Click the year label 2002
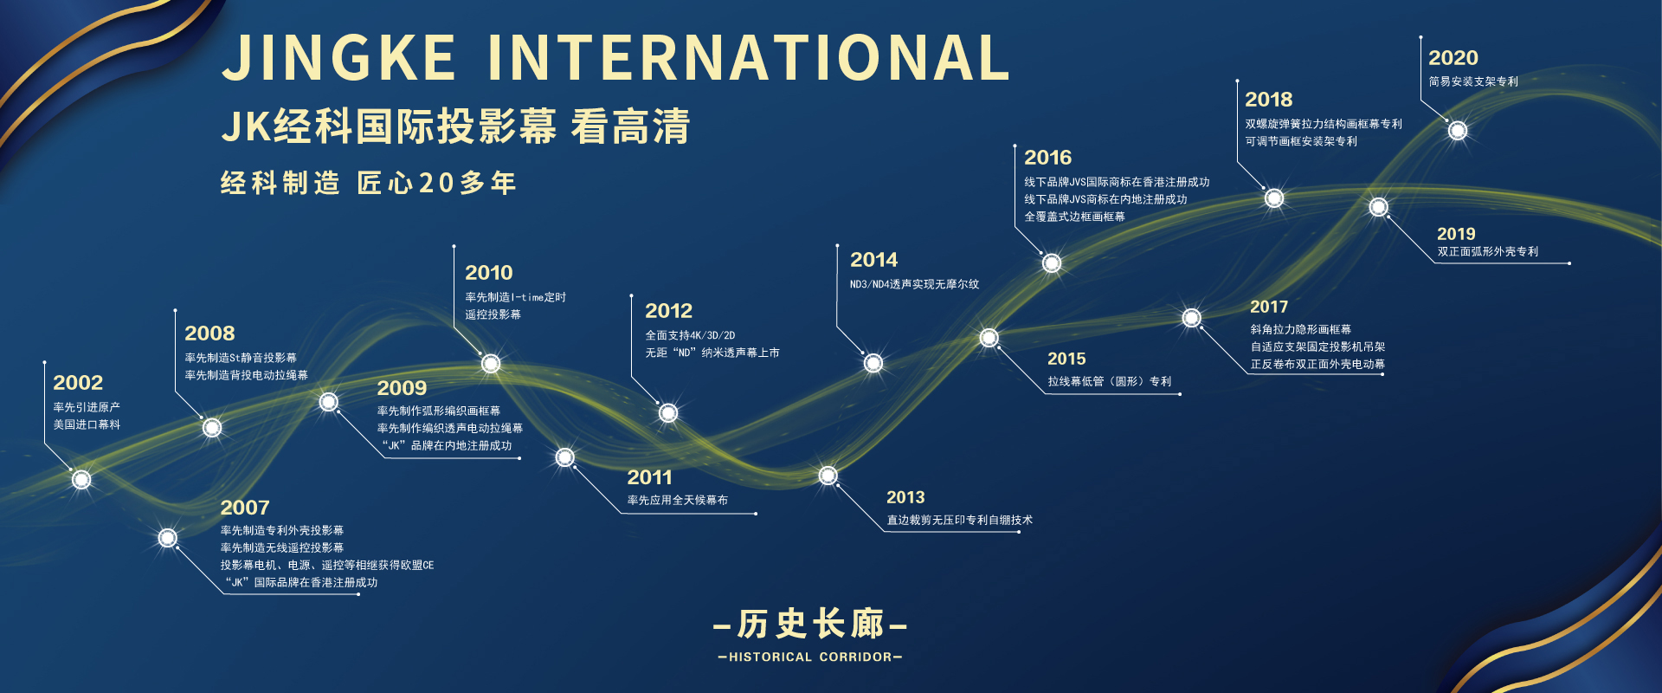(78, 383)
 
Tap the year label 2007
(245, 508)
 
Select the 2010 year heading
(489, 273)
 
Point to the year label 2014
(874, 260)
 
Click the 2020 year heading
(1453, 58)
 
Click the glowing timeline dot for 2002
(81, 479)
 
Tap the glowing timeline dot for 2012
(668, 413)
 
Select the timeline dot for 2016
(1052, 262)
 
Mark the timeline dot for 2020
(1458, 131)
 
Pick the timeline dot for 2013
(828, 476)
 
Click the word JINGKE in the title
(339, 58)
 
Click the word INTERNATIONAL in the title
(749, 58)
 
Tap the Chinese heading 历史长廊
(811, 624)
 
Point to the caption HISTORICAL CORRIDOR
(810, 657)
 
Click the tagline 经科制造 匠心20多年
(369, 183)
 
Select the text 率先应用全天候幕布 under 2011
(678, 501)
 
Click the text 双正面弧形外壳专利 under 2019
(1488, 252)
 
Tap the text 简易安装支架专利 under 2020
(1473, 81)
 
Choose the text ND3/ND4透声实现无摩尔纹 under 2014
(915, 284)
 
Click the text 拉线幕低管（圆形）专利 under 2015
(1110, 381)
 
